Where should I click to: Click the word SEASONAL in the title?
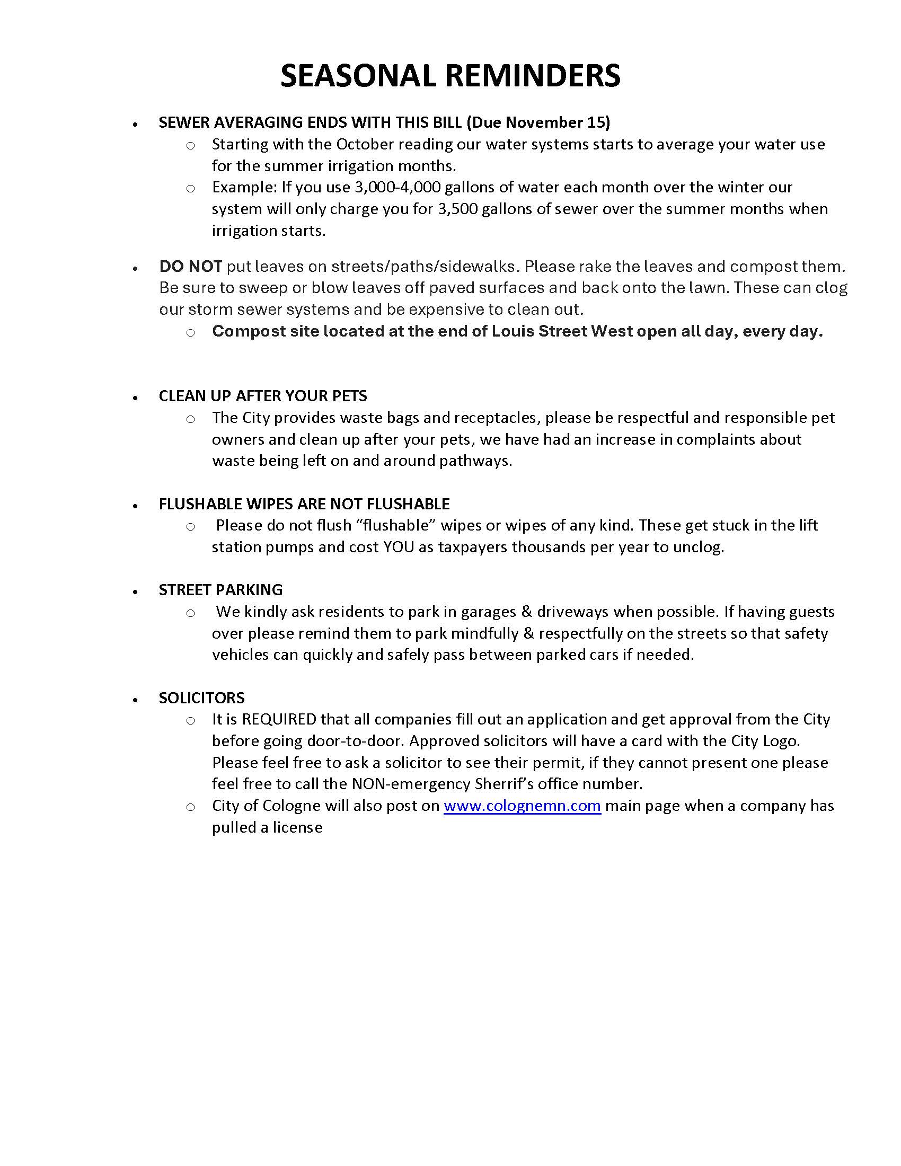coord(358,75)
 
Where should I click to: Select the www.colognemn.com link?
coord(522,806)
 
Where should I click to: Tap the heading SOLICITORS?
coord(201,698)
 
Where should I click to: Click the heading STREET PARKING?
coord(220,589)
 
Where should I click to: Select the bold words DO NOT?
coord(190,266)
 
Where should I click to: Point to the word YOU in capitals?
coord(398,547)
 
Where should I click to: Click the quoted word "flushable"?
coord(396,525)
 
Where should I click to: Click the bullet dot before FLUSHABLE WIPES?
coord(136,505)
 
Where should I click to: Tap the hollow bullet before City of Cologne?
coord(191,807)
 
